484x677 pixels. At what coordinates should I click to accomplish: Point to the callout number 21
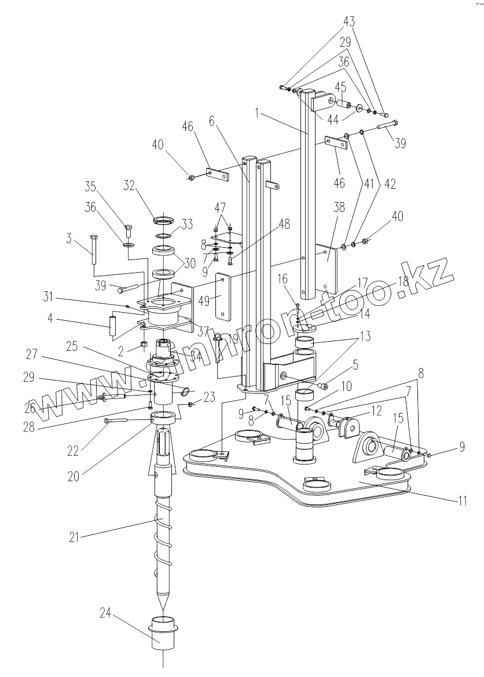click(74, 537)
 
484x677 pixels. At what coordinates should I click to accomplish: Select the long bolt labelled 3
click(93, 250)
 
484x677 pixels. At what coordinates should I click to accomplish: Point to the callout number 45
click(341, 89)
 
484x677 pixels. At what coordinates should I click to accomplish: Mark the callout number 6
click(211, 120)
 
